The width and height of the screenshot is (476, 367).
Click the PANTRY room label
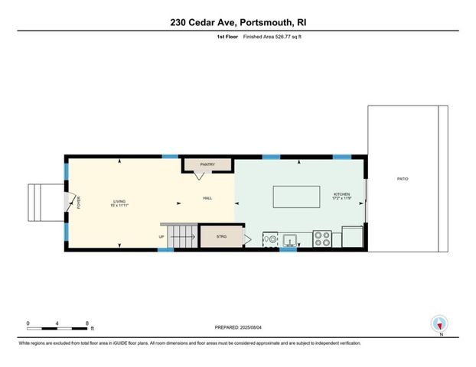coord(207,164)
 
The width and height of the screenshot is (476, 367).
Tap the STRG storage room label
coord(222,237)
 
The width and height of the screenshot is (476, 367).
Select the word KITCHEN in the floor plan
coord(341,195)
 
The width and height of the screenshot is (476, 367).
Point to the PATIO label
coord(403,179)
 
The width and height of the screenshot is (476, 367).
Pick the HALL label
coord(207,198)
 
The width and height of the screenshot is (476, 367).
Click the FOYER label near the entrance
coord(78,203)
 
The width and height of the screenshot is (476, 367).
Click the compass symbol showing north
coord(439,323)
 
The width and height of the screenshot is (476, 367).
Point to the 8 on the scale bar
coord(88,323)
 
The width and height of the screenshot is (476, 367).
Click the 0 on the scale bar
coord(28,323)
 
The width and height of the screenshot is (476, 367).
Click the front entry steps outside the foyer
coord(40,203)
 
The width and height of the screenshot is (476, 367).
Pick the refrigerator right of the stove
coord(353,237)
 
